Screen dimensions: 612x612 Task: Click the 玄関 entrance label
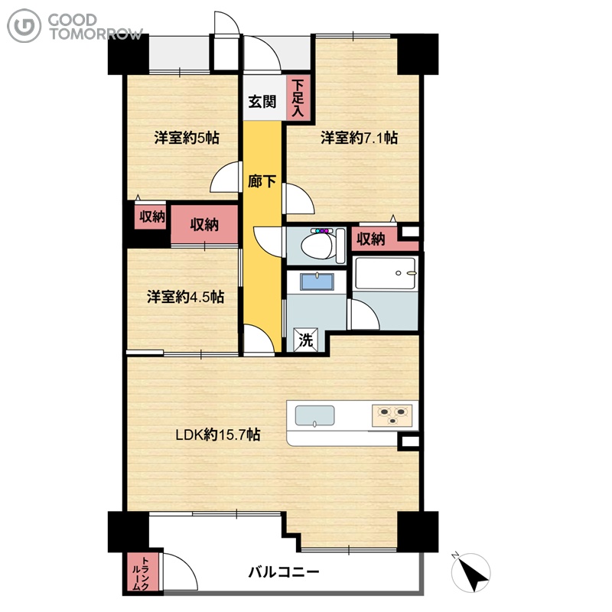(x=262, y=102)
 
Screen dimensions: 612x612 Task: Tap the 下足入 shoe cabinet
(x=298, y=98)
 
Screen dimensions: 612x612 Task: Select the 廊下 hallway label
(x=262, y=181)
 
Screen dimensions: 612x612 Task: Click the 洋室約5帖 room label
(x=187, y=138)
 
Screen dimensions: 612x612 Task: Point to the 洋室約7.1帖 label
(x=359, y=138)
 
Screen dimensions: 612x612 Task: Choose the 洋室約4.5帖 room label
(x=185, y=297)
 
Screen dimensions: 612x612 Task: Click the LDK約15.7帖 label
(x=218, y=435)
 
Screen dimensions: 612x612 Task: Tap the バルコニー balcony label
(x=284, y=572)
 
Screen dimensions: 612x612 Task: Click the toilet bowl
(x=317, y=245)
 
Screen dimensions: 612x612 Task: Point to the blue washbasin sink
(x=317, y=282)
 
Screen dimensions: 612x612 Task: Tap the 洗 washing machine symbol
(x=306, y=340)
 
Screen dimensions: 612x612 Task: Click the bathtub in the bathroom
(x=386, y=273)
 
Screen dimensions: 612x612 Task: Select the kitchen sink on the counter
(x=314, y=416)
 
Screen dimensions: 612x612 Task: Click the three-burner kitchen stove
(x=392, y=415)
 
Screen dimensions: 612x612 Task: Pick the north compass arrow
(x=471, y=573)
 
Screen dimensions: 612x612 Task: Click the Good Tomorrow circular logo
(x=24, y=26)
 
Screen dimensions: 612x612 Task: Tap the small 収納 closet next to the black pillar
(x=151, y=216)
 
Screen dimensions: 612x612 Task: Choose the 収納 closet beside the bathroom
(x=372, y=239)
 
